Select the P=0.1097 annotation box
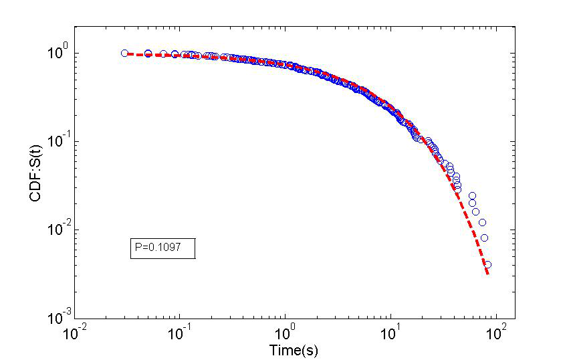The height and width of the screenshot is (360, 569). click(162, 248)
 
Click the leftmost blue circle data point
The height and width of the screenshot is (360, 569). click(124, 54)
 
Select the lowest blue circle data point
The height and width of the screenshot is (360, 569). click(487, 265)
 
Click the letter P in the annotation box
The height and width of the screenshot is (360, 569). click(138, 248)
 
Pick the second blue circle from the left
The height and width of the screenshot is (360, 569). click(148, 54)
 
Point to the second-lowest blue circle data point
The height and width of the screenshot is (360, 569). click(485, 238)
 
